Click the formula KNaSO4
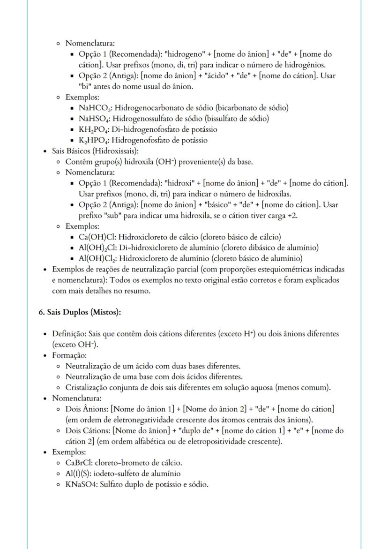click(x=81, y=484)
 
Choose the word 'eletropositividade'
click(x=217, y=441)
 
